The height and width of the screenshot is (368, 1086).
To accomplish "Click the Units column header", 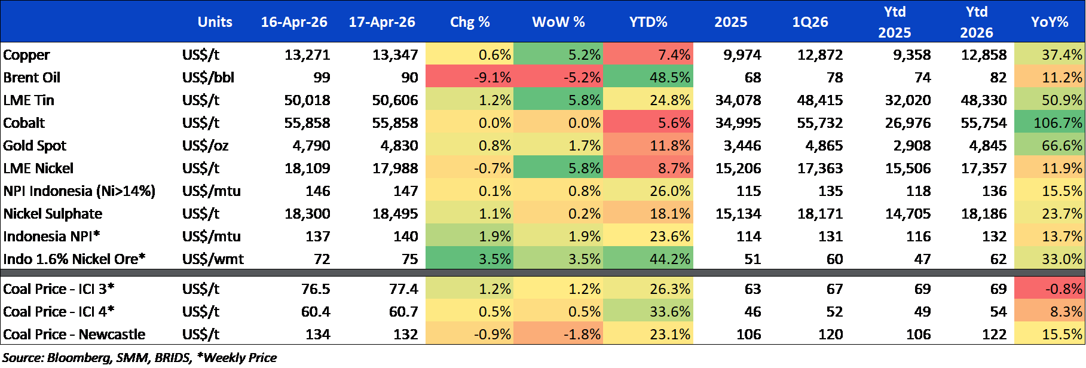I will (215, 22).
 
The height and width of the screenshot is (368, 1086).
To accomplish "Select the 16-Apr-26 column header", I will (293, 22).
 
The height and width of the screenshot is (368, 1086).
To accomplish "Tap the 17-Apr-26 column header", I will (381, 22).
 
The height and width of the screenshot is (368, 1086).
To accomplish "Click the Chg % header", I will (469, 22).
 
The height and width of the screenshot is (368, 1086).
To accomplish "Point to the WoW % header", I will (558, 22).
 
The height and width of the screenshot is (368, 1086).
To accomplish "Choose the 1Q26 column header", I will (810, 22).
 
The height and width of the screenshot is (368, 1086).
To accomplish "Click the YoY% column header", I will (1049, 22).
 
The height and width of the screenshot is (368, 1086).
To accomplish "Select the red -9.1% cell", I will (469, 77).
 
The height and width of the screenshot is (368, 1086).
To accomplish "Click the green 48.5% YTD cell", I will (648, 77).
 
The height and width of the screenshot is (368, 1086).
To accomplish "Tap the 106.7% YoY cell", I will (1050, 122).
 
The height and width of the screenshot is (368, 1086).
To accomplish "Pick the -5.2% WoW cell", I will (558, 77).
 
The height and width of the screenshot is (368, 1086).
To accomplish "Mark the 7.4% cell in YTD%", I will (648, 54).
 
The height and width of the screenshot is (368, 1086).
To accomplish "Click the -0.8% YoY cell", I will (1050, 289).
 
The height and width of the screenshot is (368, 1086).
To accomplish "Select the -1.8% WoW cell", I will (558, 334).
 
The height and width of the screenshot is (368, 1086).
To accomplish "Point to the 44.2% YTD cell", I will (648, 259).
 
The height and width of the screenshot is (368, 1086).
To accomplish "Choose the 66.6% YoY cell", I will (1050, 145).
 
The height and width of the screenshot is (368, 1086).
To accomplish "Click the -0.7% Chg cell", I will (469, 168).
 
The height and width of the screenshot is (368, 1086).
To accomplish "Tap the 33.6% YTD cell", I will (648, 311).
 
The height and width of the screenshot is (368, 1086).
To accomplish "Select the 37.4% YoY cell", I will (1050, 54).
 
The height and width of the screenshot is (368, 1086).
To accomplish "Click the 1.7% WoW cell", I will (558, 145).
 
